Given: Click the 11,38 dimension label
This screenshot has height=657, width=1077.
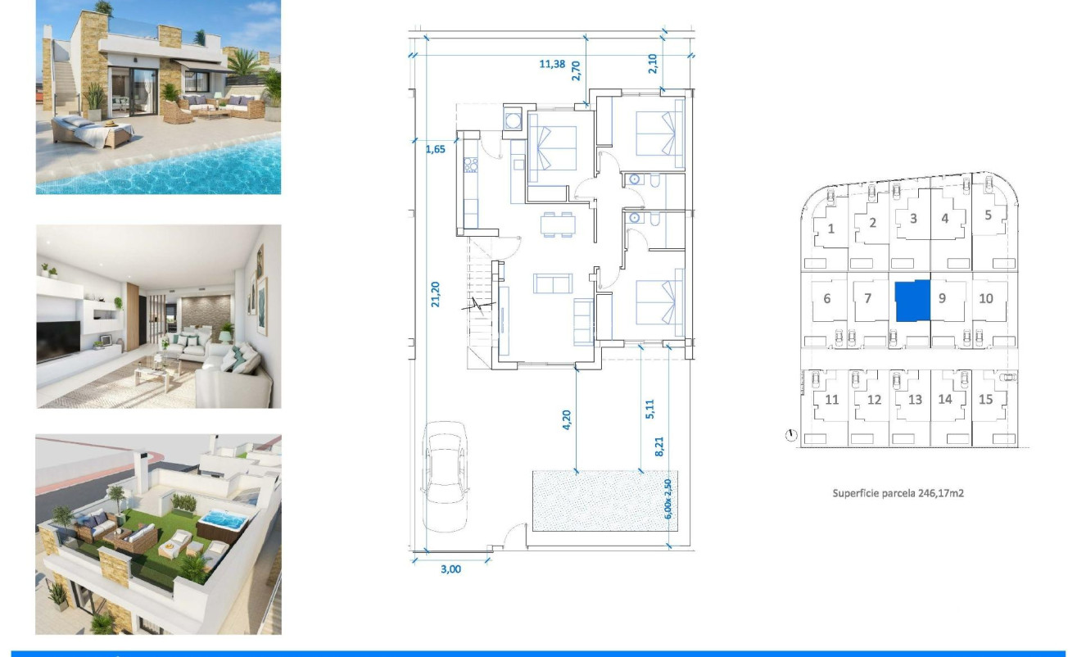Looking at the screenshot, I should pos(552,65).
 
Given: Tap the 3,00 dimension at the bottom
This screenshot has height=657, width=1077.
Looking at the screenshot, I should pos(450,569).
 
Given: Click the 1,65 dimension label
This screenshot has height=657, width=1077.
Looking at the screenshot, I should pos(436,150).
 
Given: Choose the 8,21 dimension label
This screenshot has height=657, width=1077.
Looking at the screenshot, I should pos(659,446).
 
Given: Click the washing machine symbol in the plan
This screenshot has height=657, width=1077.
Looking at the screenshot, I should pos(514,120).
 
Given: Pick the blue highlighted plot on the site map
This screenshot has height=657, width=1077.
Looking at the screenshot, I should pos(912,301).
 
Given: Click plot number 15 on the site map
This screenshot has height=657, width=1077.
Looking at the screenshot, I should pos(986,399).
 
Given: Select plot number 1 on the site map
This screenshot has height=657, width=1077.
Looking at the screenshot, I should pos(831,229).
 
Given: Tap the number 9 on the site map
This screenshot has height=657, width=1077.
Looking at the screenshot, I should pos(942,298).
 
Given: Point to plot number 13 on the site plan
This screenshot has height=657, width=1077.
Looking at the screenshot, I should pos(915,400).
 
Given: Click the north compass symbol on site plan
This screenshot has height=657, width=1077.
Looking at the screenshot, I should pos(791,435).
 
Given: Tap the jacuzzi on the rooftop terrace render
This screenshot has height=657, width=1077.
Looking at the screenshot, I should pos(219,522).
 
